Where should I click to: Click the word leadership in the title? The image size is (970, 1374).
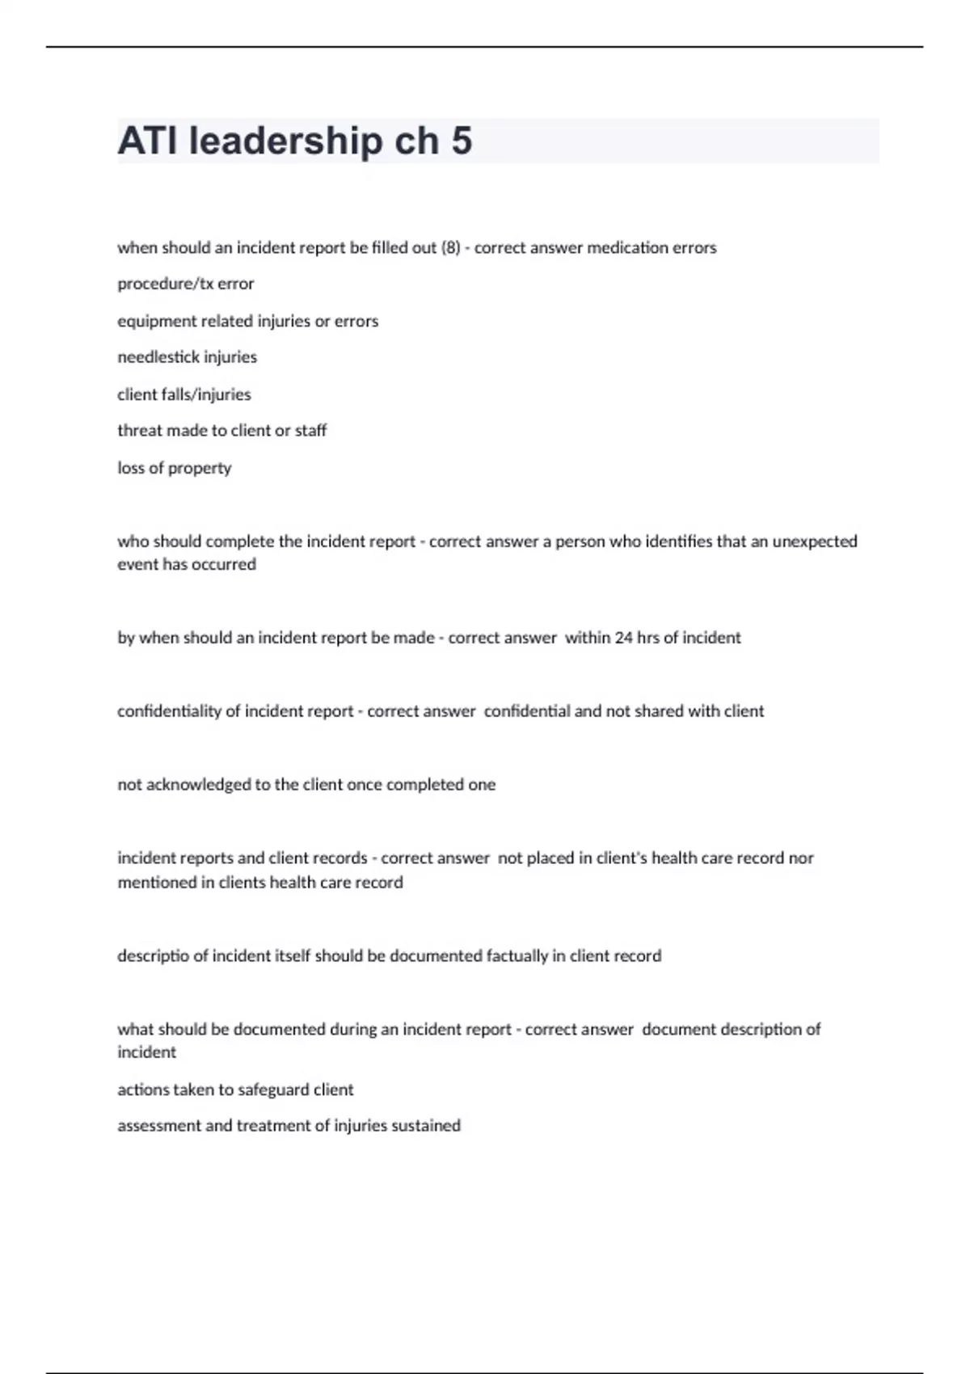coord(285,141)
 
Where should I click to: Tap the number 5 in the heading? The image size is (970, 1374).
coord(462,141)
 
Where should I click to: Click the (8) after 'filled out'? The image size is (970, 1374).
coord(450,248)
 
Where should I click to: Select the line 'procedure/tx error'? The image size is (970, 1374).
coord(186,284)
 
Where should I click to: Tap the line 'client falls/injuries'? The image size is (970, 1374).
coord(184,394)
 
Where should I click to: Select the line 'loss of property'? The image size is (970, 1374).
coord(175,468)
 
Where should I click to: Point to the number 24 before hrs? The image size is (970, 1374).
coord(623,638)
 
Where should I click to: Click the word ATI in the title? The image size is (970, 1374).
coord(148,141)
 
